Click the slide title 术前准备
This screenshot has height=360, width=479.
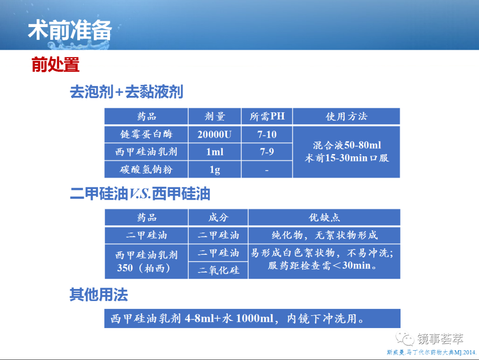(x=70, y=30)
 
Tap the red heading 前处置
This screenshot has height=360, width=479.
(x=55, y=64)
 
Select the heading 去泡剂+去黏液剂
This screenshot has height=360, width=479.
(x=126, y=92)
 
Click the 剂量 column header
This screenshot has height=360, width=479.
(x=215, y=116)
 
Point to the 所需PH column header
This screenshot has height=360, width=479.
(x=267, y=116)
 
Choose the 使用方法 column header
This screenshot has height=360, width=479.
(x=346, y=116)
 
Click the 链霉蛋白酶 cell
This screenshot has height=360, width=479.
(x=146, y=134)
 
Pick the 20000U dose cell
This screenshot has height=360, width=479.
(x=215, y=134)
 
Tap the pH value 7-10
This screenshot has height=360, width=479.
(x=267, y=134)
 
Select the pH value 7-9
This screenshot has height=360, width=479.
(x=267, y=152)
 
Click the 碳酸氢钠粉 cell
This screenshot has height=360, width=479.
(x=146, y=169)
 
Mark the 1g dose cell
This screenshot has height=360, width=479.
(x=215, y=170)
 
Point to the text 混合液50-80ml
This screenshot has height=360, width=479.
(x=347, y=145)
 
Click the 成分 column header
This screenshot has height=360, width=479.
(x=218, y=218)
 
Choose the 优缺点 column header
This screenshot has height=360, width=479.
(x=324, y=218)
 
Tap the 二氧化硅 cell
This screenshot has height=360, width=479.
(x=218, y=270)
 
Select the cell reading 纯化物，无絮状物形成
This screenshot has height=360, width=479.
(x=324, y=235)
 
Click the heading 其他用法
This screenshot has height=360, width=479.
(x=98, y=295)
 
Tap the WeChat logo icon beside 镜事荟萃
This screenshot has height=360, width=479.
(x=405, y=338)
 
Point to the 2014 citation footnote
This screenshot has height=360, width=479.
(x=432, y=352)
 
